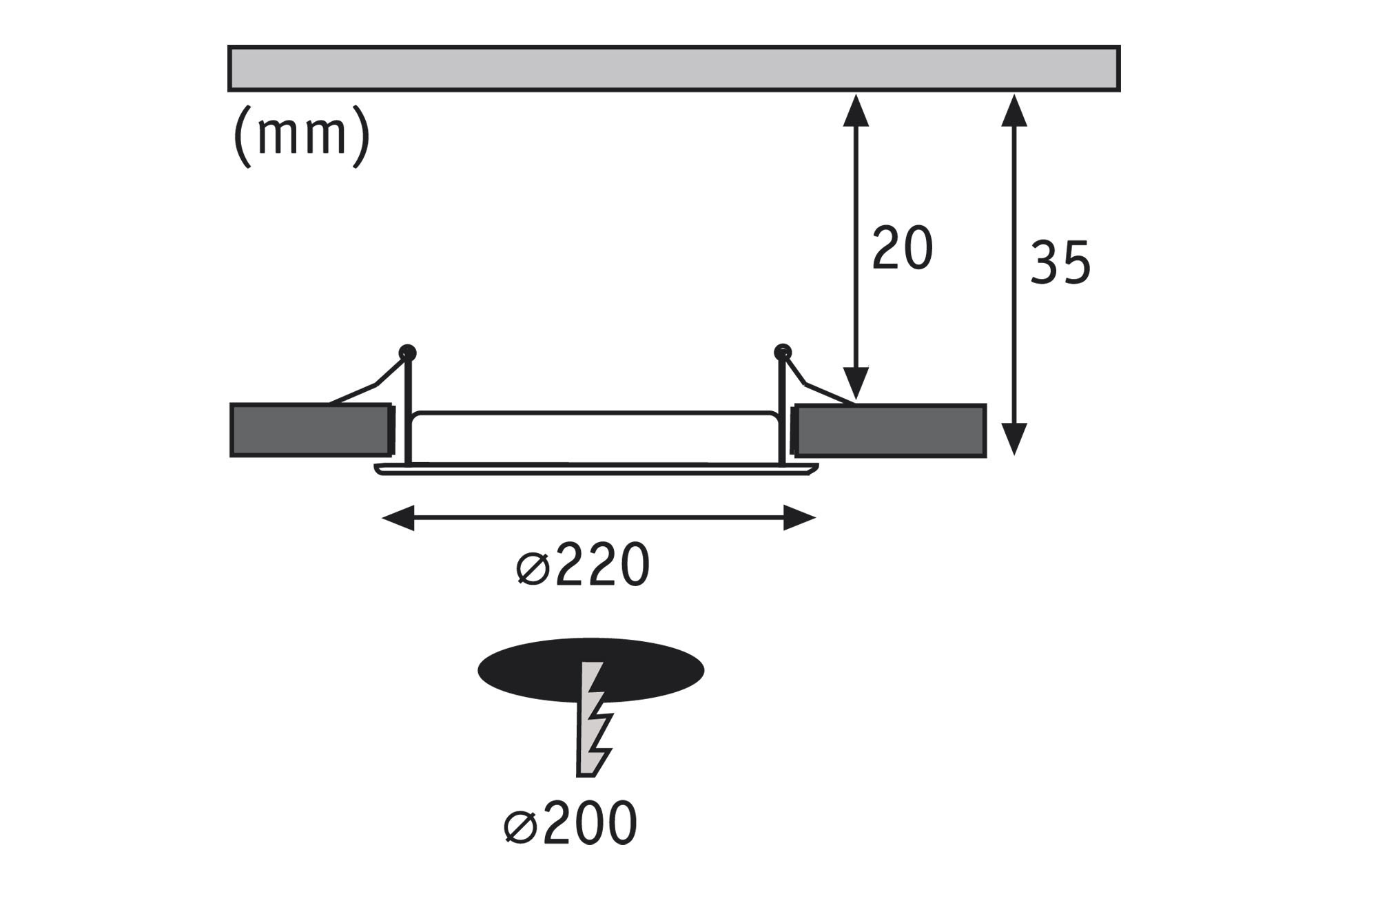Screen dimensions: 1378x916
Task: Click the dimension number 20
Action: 903,248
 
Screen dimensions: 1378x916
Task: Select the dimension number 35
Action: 1060,262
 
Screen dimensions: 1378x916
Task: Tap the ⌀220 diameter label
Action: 583,565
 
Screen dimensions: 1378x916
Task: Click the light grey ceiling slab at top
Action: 674,68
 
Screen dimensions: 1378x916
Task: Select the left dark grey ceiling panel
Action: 311,430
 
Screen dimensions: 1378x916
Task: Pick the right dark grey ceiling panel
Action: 890,430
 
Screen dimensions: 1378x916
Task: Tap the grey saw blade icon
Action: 593,720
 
